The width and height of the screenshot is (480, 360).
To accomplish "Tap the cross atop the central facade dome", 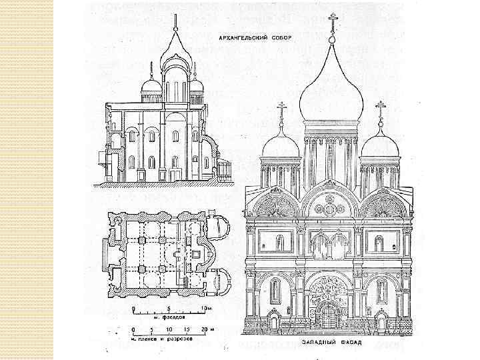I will click(331, 20).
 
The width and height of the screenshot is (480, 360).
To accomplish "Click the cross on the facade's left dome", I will click(281, 108).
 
